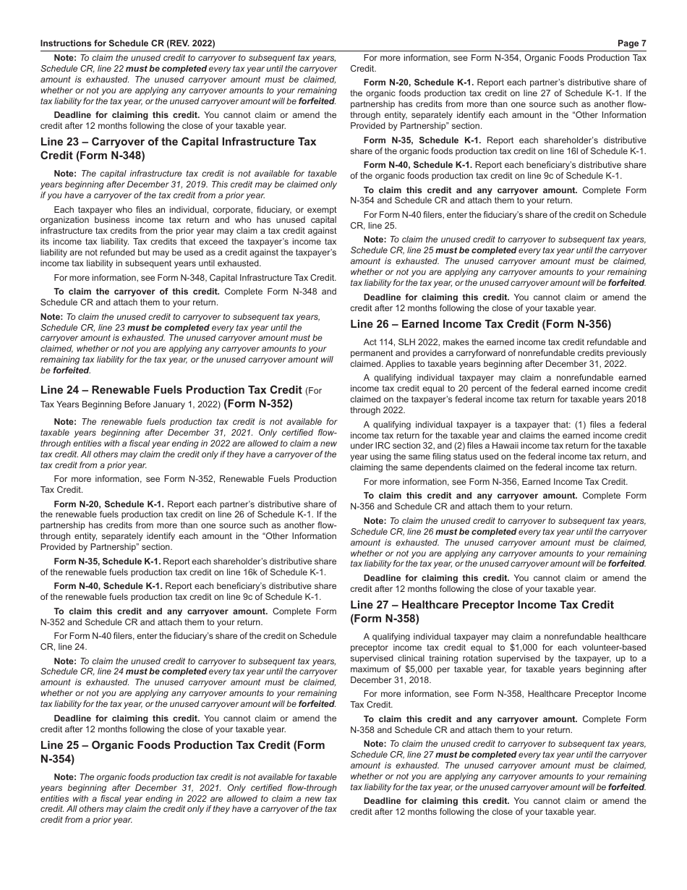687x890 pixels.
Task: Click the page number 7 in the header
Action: pyautogui.click(x=644, y=43)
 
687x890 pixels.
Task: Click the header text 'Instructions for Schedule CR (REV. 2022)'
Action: pyautogui.click(x=127, y=43)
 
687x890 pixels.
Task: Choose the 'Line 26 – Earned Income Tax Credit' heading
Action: pyautogui.click(x=480, y=324)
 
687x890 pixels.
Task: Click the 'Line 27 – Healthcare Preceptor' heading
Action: pyautogui.click(x=482, y=604)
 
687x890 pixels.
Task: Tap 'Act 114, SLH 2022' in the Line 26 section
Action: pyautogui.click(x=405, y=342)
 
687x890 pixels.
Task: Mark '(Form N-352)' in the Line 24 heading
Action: pyautogui.click(x=258, y=404)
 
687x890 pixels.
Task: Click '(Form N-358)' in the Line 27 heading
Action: pyautogui.click(x=385, y=619)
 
